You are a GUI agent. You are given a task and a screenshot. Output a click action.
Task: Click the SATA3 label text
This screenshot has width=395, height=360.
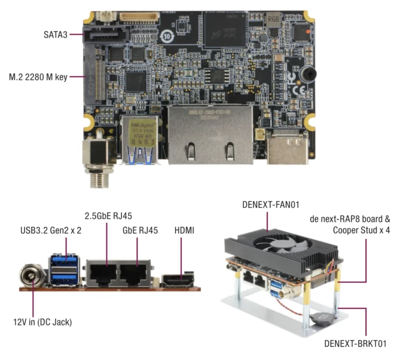click(57, 34)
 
